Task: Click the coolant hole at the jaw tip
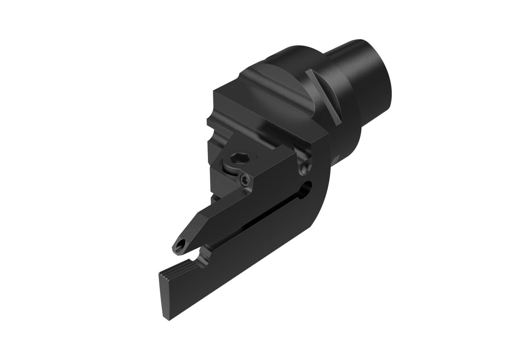click(x=179, y=245)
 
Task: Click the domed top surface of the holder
click(x=278, y=84)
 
